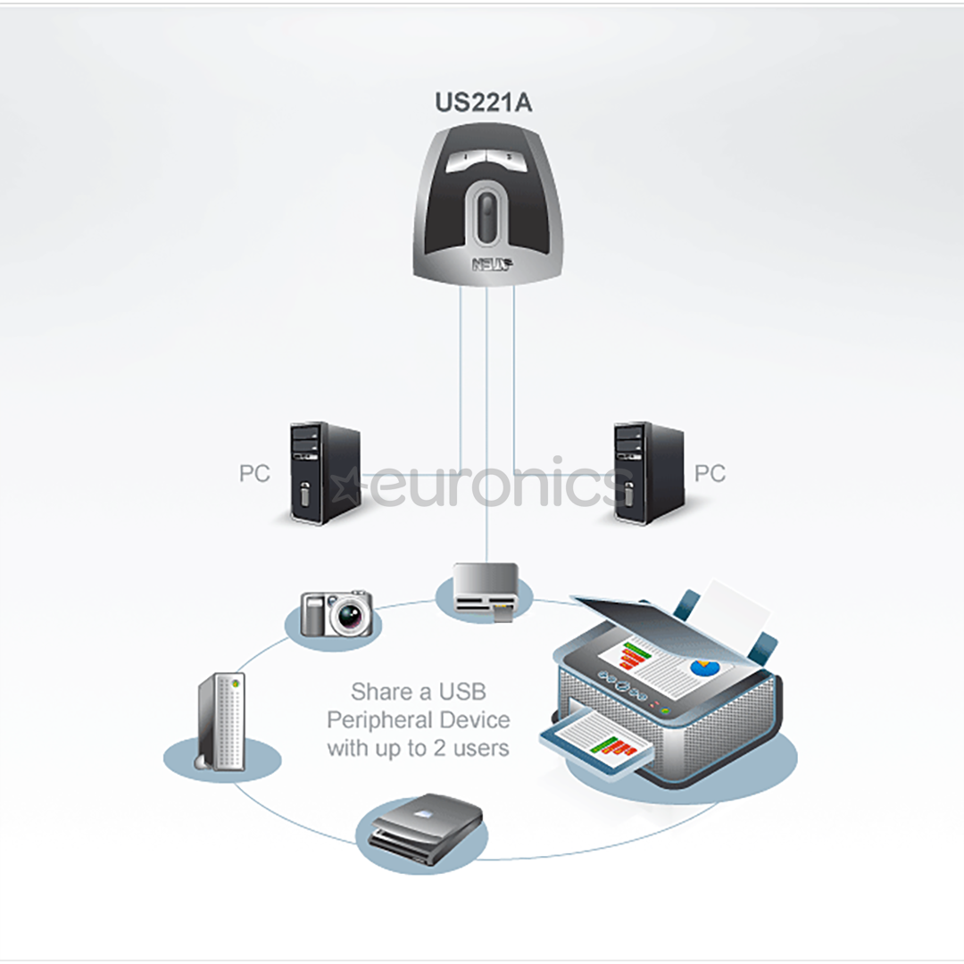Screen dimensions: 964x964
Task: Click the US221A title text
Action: [x=483, y=102]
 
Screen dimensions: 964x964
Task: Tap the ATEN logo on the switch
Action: [x=493, y=264]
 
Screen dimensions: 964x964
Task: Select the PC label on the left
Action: [x=254, y=473]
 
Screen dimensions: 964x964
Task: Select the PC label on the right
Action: [x=711, y=473]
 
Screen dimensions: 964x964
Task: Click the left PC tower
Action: [x=325, y=473]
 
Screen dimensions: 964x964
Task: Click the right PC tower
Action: [x=649, y=473]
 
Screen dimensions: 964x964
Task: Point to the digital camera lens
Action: [x=350, y=615]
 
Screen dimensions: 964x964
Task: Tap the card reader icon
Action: [x=486, y=592]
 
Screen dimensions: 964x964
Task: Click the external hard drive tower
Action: [x=222, y=722]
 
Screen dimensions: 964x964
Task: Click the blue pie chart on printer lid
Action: [x=704, y=667]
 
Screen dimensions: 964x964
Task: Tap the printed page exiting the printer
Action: [x=596, y=740]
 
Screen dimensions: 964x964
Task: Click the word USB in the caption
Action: [x=461, y=693]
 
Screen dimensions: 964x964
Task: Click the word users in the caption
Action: [x=481, y=748]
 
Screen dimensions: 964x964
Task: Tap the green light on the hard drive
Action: [x=235, y=683]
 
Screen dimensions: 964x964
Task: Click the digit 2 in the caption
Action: [x=439, y=748]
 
